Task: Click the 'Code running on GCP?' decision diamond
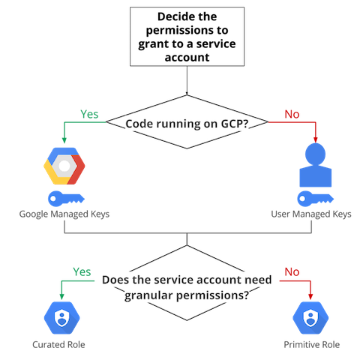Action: click(187, 124)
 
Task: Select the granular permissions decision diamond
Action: click(187, 287)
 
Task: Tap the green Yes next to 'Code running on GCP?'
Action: click(89, 114)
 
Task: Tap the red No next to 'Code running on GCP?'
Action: click(292, 114)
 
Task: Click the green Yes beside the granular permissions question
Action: click(82, 270)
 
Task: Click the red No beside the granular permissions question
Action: click(292, 270)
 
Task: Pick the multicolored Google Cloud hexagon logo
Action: click(64, 166)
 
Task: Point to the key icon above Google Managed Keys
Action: click(64, 199)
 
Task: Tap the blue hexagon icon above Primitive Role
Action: click(310, 319)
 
